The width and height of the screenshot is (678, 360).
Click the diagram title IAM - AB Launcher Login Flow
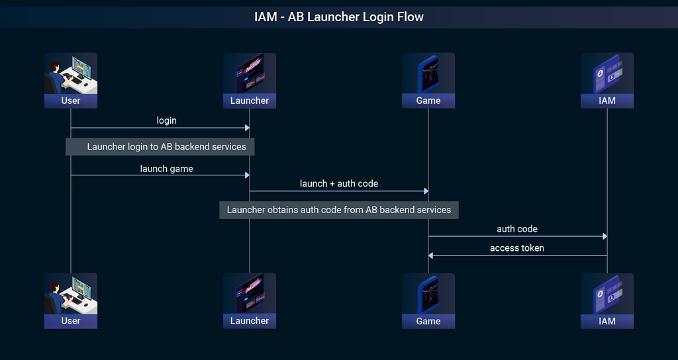point(339,17)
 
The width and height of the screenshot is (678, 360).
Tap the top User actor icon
point(71,73)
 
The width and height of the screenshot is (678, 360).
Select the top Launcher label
point(250,101)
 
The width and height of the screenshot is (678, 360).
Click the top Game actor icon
point(428,73)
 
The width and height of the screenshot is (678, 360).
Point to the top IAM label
point(607,101)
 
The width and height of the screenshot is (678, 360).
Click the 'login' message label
point(166,120)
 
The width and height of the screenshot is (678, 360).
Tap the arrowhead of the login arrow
point(248,128)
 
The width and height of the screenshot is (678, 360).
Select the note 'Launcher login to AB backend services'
point(160,147)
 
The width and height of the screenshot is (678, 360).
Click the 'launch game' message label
point(166,169)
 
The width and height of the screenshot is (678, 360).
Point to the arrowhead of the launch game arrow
point(248,175)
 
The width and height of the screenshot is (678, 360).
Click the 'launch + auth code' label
point(339,184)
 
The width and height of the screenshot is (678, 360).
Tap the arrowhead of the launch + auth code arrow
point(426,191)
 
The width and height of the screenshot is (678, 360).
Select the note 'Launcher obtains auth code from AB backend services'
point(339,210)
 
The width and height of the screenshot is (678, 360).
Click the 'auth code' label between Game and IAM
point(517,229)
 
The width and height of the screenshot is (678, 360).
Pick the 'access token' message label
point(517,248)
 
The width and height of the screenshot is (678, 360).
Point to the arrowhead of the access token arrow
point(430,256)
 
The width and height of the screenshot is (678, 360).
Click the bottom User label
point(71,321)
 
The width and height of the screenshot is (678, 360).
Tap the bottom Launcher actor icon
point(250,293)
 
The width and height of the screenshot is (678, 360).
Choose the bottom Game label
point(428,321)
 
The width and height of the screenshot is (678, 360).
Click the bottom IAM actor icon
point(607,293)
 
